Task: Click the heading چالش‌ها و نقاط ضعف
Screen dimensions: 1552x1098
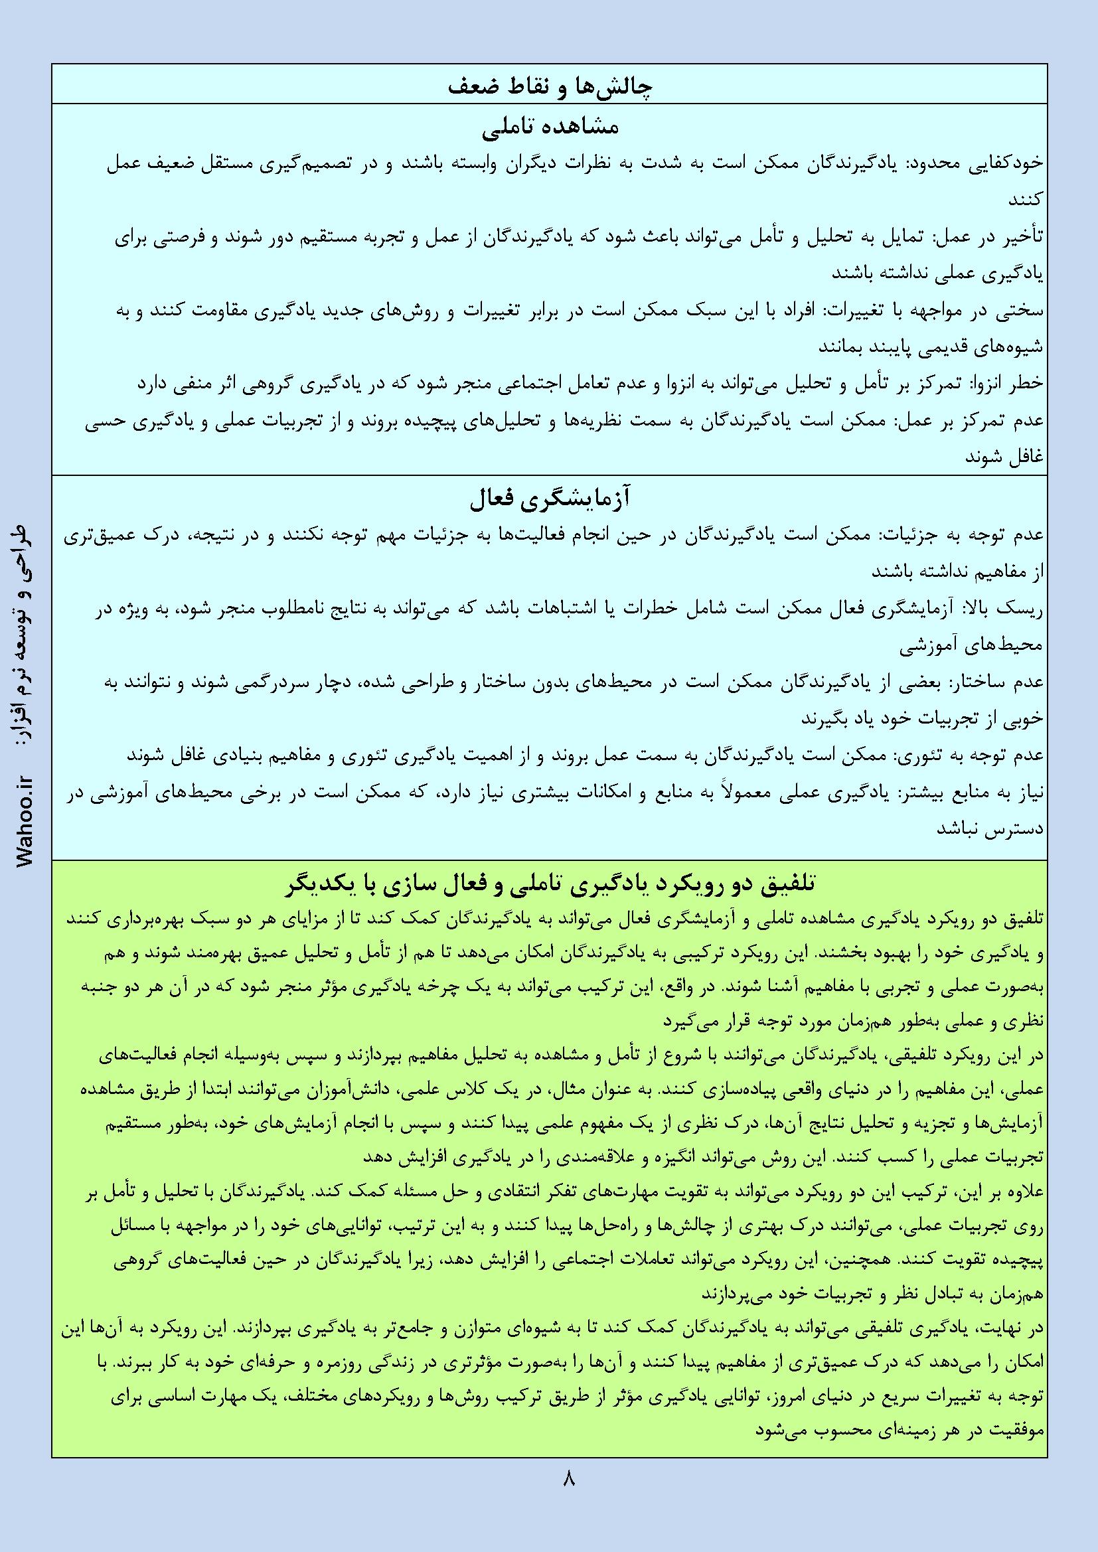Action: [x=549, y=86]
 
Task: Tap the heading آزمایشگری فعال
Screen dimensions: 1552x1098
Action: [x=549, y=501]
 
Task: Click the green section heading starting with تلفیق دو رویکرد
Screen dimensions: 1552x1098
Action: [x=549, y=884]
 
